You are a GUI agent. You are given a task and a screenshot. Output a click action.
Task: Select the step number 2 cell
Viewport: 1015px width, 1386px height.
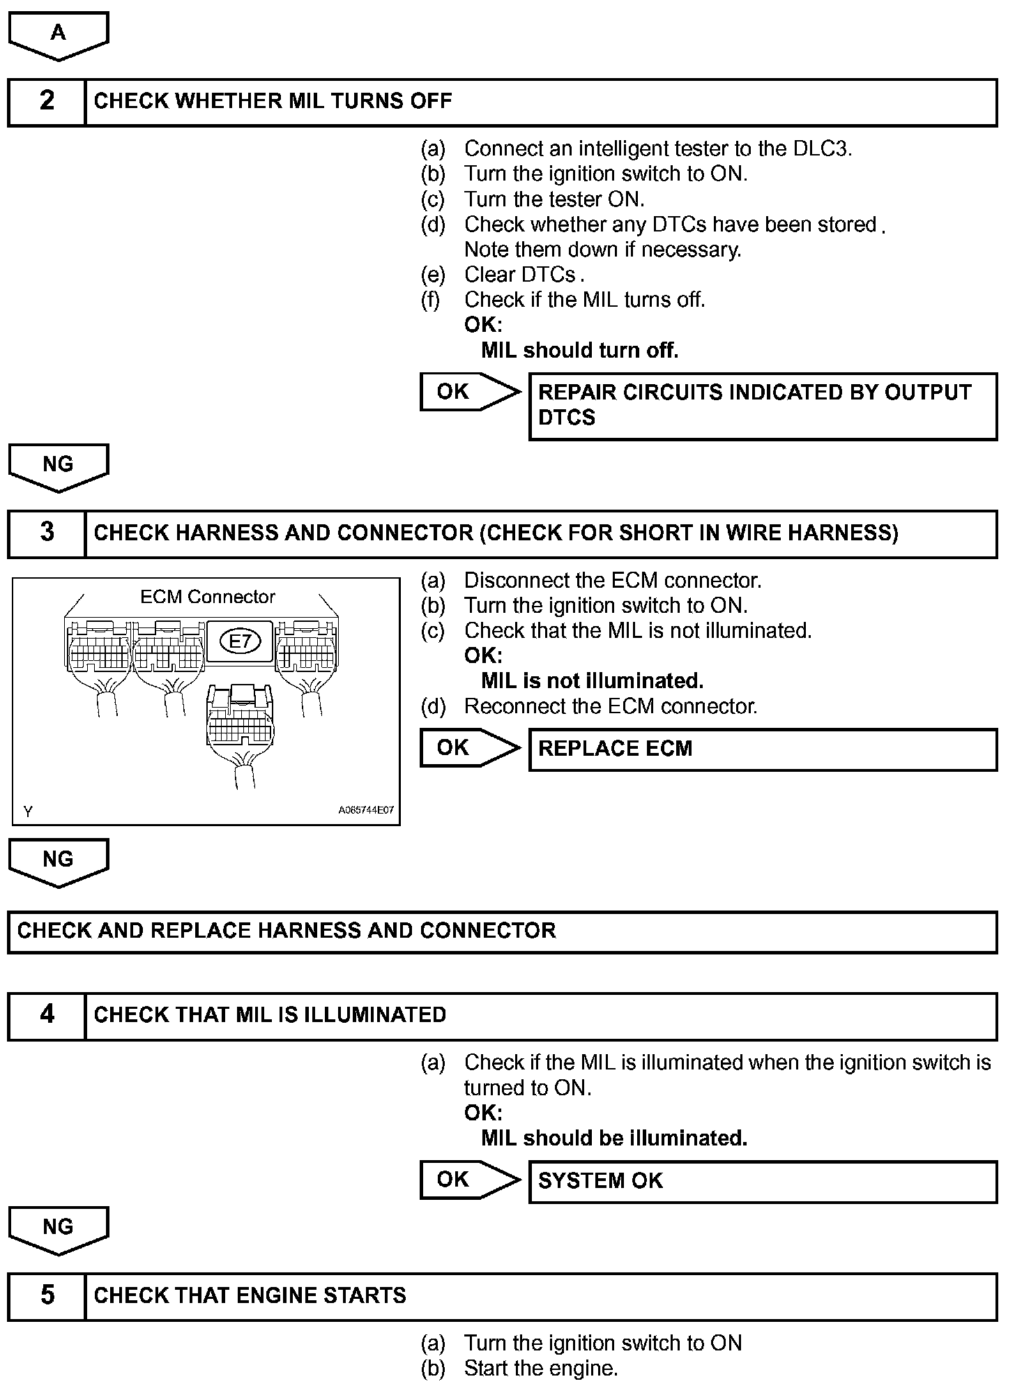(47, 102)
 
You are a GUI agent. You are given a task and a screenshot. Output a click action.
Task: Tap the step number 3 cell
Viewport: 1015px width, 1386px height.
(47, 533)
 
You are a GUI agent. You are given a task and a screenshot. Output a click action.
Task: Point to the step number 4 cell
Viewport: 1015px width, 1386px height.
(47, 1015)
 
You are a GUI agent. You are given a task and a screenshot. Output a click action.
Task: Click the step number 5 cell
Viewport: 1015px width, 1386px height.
(47, 1296)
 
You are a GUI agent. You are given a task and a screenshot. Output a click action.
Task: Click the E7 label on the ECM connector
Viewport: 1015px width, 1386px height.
(240, 641)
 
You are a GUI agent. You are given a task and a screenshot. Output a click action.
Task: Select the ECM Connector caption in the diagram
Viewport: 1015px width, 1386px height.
(208, 597)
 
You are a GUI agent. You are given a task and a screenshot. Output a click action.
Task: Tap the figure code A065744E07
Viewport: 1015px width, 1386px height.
(366, 810)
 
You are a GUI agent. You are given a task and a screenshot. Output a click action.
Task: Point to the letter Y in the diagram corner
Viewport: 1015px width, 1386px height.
(28, 812)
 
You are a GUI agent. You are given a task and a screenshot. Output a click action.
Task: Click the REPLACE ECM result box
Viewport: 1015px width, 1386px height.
(763, 749)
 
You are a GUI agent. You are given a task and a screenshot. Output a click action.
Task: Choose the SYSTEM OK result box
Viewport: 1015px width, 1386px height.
(763, 1181)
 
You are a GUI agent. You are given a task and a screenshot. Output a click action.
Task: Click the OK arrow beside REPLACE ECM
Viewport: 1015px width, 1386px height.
(469, 747)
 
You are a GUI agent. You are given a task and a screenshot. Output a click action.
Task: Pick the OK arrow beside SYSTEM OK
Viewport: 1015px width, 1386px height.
(469, 1180)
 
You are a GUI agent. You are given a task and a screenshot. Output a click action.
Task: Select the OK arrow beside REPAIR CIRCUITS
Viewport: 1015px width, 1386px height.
(469, 392)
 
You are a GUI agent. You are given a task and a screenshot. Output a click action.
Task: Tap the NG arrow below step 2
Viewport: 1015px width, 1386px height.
(59, 466)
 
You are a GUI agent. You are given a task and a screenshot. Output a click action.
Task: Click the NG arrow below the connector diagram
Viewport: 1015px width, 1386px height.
(59, 861)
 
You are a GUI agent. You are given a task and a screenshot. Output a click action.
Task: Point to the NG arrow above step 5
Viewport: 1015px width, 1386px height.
(59, 1229)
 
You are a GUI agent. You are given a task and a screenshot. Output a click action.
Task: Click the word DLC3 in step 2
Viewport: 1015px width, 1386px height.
(822, 148)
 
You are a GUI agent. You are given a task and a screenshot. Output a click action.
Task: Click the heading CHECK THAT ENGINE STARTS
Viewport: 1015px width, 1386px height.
(250, 1296)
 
